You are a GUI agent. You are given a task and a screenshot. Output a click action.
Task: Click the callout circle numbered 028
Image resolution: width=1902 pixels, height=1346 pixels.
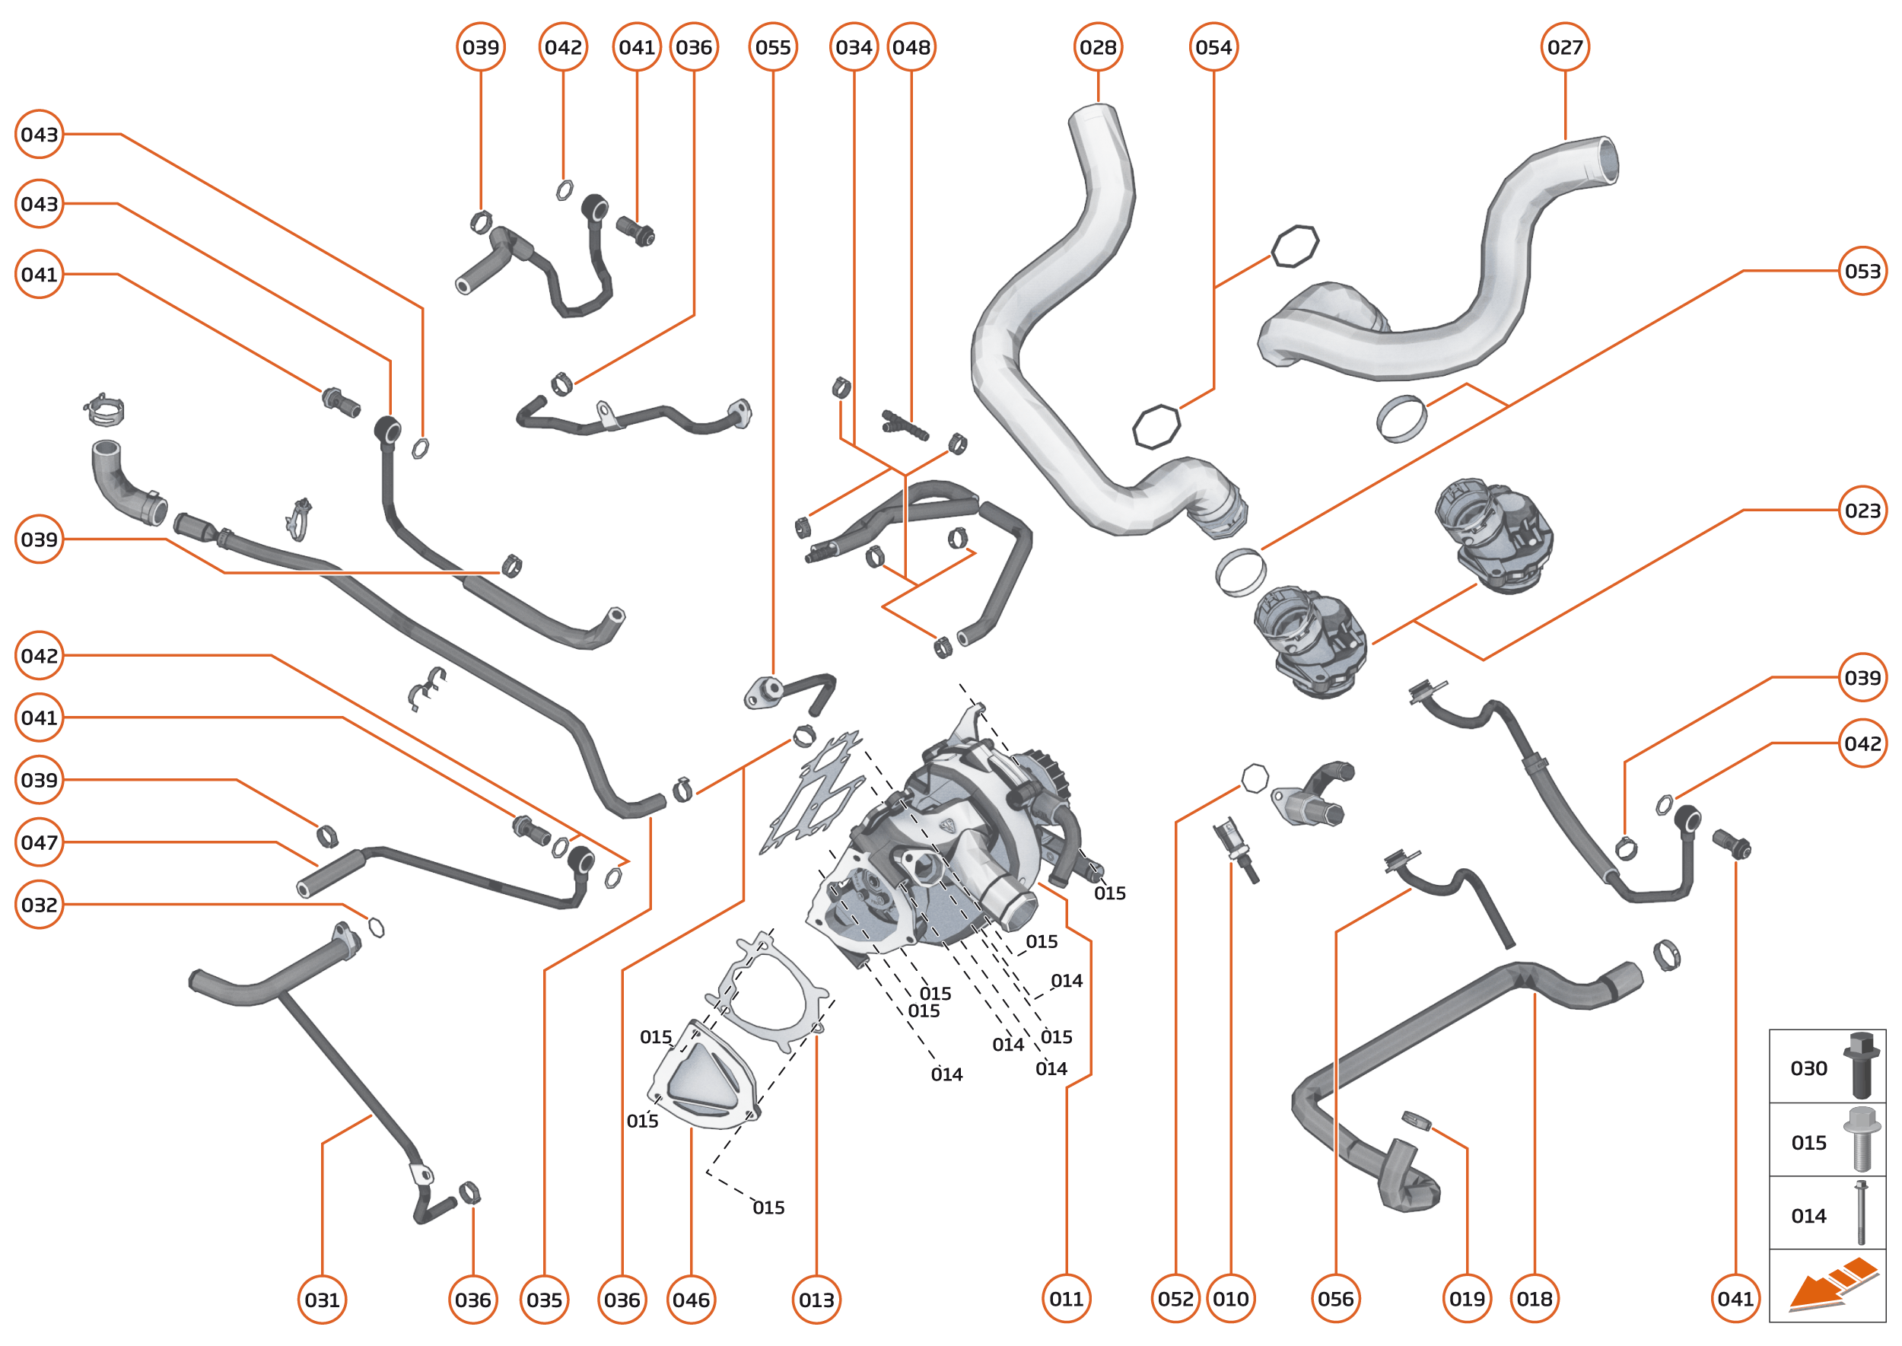1097,47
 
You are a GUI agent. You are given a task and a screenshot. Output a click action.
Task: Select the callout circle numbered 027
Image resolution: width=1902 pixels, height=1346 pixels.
1565,47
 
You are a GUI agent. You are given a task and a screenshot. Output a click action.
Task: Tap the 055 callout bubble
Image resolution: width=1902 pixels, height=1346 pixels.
772,47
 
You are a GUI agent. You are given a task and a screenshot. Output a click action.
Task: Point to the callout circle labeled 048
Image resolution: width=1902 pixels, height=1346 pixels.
911,47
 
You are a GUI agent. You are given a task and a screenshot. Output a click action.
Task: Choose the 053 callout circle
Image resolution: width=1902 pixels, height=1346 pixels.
1862,271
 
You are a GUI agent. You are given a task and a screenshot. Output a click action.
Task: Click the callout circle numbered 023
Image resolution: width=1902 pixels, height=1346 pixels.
1862,510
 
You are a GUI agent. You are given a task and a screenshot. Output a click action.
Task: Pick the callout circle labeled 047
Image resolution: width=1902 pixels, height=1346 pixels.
39,842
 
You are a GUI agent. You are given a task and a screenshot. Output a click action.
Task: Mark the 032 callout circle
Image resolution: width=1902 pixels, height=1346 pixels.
39,904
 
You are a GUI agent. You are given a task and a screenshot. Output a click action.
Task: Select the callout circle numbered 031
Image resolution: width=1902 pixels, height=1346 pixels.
322,1300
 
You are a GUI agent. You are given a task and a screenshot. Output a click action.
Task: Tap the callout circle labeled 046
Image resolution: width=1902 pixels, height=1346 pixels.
690,1300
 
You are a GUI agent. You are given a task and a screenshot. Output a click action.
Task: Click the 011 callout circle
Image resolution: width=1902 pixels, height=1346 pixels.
1066,1299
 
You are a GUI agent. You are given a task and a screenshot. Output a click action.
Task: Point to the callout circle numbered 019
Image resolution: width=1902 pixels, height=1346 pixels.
1467,1299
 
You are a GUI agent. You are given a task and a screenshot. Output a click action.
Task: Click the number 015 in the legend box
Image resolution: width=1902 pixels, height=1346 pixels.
1808,1143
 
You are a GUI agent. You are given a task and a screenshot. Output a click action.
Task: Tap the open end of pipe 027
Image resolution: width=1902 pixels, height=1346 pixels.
1606,159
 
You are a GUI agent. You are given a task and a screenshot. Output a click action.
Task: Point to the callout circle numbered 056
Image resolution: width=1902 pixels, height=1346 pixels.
1335,1299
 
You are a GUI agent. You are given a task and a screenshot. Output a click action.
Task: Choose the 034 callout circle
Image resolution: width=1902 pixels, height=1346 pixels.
854,47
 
